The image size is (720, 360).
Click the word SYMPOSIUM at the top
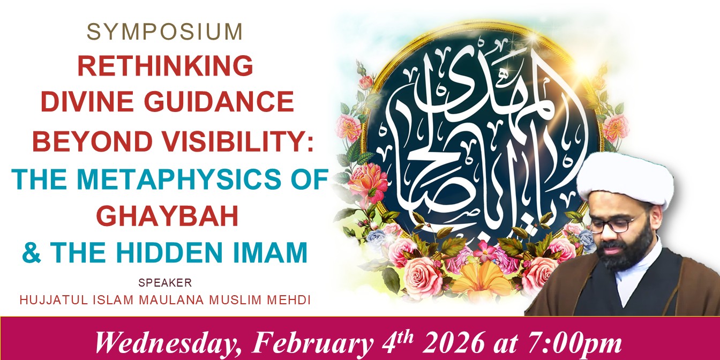(164, 32)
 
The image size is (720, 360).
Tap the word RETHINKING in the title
(166, 65)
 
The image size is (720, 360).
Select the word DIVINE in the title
(87, 101)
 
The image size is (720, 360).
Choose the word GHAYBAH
(168, 216)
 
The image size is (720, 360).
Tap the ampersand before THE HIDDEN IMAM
(32, 252)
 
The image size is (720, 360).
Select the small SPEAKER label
(165, 282)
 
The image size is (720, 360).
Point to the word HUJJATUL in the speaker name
(54, 300)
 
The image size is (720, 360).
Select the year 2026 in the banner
(454, 343)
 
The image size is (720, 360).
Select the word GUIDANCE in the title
(221, 101)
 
